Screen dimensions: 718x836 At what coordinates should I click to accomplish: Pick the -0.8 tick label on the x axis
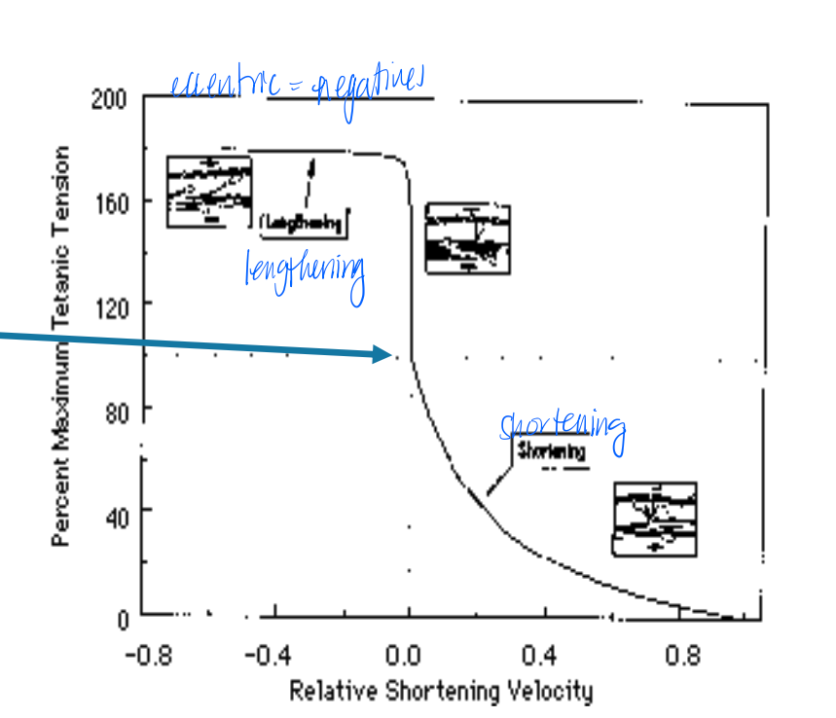(148, 654)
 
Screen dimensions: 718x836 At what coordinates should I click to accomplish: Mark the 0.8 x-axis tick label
(682, 654)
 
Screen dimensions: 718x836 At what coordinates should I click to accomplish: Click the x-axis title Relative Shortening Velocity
(440, 691)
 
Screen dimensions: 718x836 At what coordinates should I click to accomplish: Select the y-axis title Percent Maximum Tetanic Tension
(60, 345)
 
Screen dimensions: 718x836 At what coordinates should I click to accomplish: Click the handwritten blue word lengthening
(305, 271)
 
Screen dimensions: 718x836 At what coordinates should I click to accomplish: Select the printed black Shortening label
(552, 451)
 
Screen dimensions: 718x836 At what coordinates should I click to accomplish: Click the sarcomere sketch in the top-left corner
(208, 191)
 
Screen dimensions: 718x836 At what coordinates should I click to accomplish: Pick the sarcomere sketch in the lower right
(654, 519)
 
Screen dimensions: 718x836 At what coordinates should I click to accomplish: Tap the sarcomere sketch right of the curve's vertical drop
(468, 238)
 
